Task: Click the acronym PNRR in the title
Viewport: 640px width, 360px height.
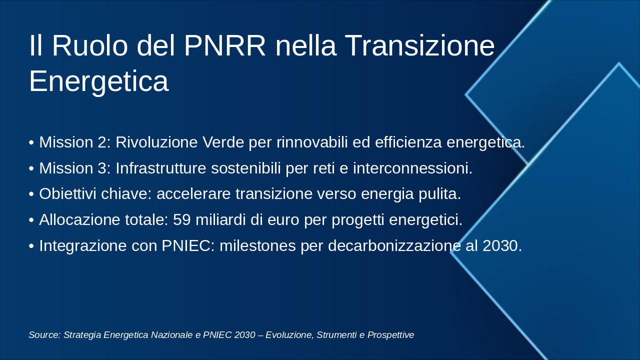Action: point(225,46)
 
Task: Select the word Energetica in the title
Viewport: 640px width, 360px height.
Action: point(98,81)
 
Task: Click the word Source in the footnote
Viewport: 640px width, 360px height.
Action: point(44,335)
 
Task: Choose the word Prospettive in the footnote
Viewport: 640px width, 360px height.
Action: point(391,335)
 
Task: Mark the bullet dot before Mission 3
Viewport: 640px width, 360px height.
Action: point(31,169)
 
